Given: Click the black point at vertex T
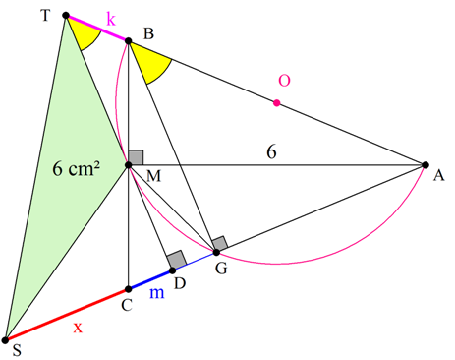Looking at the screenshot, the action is click(x=66, y=15).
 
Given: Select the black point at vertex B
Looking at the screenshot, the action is click(x=129, y=41).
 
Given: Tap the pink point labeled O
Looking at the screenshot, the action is click(x=277, y=103).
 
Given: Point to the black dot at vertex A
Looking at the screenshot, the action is click(x=426, y=165).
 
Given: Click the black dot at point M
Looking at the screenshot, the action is click(x=129, y=165).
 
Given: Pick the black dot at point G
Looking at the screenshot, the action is click(x=216, y=252).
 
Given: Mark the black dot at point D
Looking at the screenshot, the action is click(x=173, y=270).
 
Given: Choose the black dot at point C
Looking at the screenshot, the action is click(x=129, y=289).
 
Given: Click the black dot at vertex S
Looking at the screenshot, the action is click(x=5, y=340).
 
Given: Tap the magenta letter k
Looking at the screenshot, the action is click(x=111, y=19).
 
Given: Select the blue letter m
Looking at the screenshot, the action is click(x=157, y=293).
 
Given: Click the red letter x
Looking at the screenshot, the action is click(x=78, y=328).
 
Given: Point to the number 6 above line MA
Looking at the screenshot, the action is click(x=271, y=152).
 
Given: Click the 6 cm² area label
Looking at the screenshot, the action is click(x=77, y=169).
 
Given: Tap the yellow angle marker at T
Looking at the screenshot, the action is click(x=85, y=32).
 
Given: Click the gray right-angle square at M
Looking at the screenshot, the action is click(x=136, y=157).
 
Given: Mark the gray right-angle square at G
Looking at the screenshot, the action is click(x=220, y=243).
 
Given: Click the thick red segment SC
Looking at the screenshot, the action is click(x=67, y=315).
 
